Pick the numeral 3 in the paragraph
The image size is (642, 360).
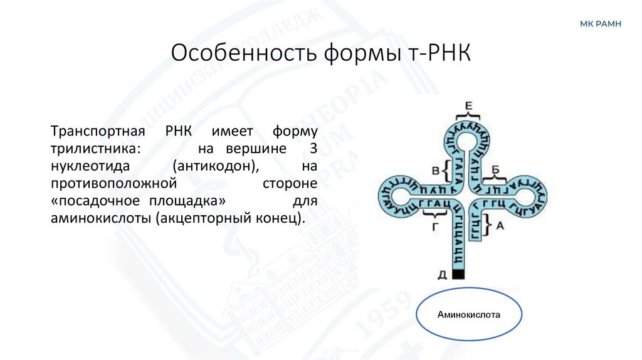click(313, 151)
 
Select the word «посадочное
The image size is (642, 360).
click(90, 203)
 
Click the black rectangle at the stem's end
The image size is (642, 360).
click(458, 274)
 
